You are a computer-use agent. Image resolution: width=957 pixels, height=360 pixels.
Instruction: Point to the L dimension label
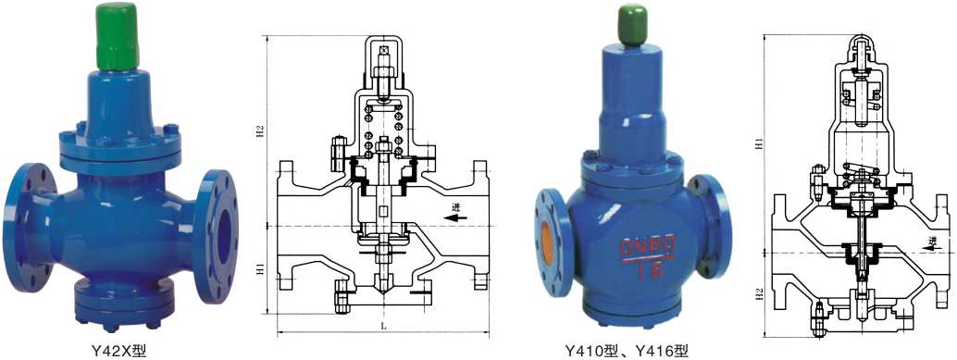click(x=382, y=327)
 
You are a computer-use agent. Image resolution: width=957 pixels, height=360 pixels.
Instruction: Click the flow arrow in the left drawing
click(x=453, y=218)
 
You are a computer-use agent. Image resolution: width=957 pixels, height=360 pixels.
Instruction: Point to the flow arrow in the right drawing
click(x=929, y=242)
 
